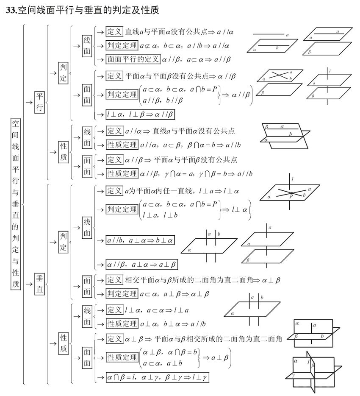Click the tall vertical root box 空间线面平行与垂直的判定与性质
(15, 204)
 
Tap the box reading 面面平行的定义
(133, 59)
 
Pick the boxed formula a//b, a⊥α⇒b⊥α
(140, 240)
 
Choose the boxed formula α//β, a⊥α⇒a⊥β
(142, 265)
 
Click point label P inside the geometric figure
(291, 196)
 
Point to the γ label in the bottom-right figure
(294, 375)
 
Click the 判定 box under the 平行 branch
(64, 73)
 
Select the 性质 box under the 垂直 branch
(64, 343)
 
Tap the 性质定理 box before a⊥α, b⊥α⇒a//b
(122, 323)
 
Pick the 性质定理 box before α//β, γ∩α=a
(122, 173)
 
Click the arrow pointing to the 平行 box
(29, 102)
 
